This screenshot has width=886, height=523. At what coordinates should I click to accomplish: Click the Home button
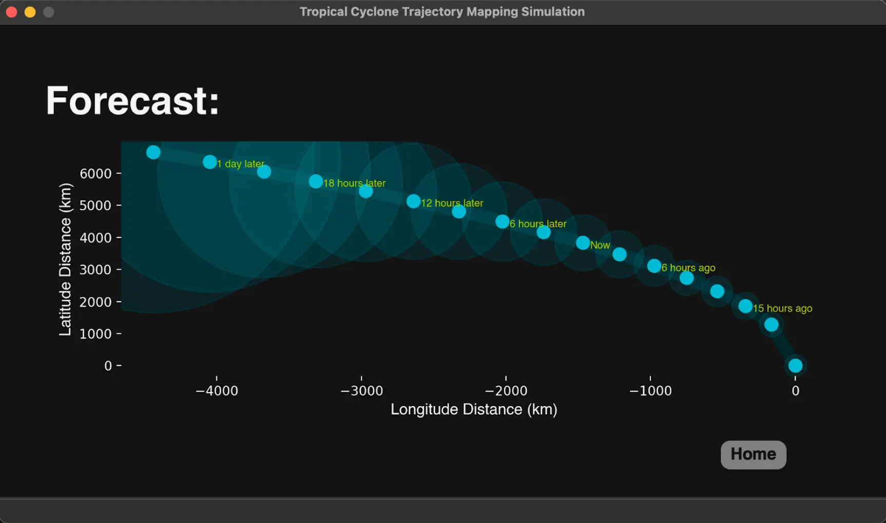coord(753,454)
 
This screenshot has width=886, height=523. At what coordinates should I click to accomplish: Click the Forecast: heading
coord(132,100)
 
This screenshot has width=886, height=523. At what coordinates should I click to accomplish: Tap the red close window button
coord(11,12)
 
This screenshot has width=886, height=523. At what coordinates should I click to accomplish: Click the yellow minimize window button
coord(30,12)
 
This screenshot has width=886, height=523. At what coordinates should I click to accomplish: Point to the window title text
coord(442,12)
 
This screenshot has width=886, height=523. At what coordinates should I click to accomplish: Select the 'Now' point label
coord(600,245)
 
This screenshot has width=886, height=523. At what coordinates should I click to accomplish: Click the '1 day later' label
coord(240,164)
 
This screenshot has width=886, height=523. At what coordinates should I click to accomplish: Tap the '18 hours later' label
coord(354,183)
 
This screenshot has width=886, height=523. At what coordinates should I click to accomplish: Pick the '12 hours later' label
coord(452,203)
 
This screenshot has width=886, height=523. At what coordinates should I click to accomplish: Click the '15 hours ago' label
coord(782,308)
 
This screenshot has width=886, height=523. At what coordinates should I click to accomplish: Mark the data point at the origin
coord(795,366)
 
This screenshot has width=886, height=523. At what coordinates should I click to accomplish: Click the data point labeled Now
coord(583,243)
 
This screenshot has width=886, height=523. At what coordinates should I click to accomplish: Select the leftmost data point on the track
coord(153,152)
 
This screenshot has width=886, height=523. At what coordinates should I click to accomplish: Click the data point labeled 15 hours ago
coord(745,306)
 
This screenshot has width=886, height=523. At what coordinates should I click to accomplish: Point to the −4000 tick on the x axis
coord(217,391)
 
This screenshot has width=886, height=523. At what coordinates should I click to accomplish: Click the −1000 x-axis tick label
coord(650,391)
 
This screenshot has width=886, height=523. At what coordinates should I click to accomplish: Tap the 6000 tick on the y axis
coord(95,173)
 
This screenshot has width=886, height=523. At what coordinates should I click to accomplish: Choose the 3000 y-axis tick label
coord(95,270)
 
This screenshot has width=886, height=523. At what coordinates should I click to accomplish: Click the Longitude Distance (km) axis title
coord(474,409)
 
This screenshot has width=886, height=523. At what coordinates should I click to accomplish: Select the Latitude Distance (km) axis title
coord(65,259)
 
